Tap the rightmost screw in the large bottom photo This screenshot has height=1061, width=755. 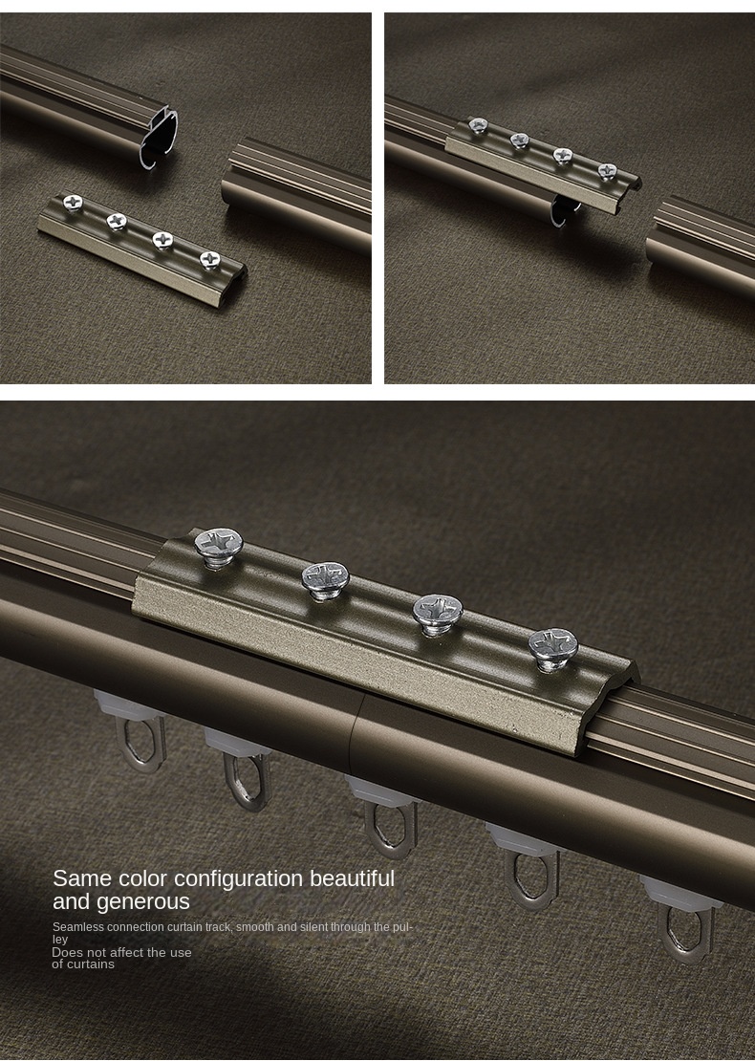(553, 646)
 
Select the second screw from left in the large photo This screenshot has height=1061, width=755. (325, 578)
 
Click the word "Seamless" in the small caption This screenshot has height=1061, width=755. (77, 927)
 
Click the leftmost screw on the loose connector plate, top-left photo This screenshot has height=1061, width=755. (72, 203)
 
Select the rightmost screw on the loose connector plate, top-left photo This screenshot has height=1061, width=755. (209, 258)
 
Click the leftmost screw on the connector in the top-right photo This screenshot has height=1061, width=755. (479, 125)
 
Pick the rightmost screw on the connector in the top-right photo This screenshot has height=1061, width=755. (607, 171)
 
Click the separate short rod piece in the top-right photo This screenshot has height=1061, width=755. (701, 249)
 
